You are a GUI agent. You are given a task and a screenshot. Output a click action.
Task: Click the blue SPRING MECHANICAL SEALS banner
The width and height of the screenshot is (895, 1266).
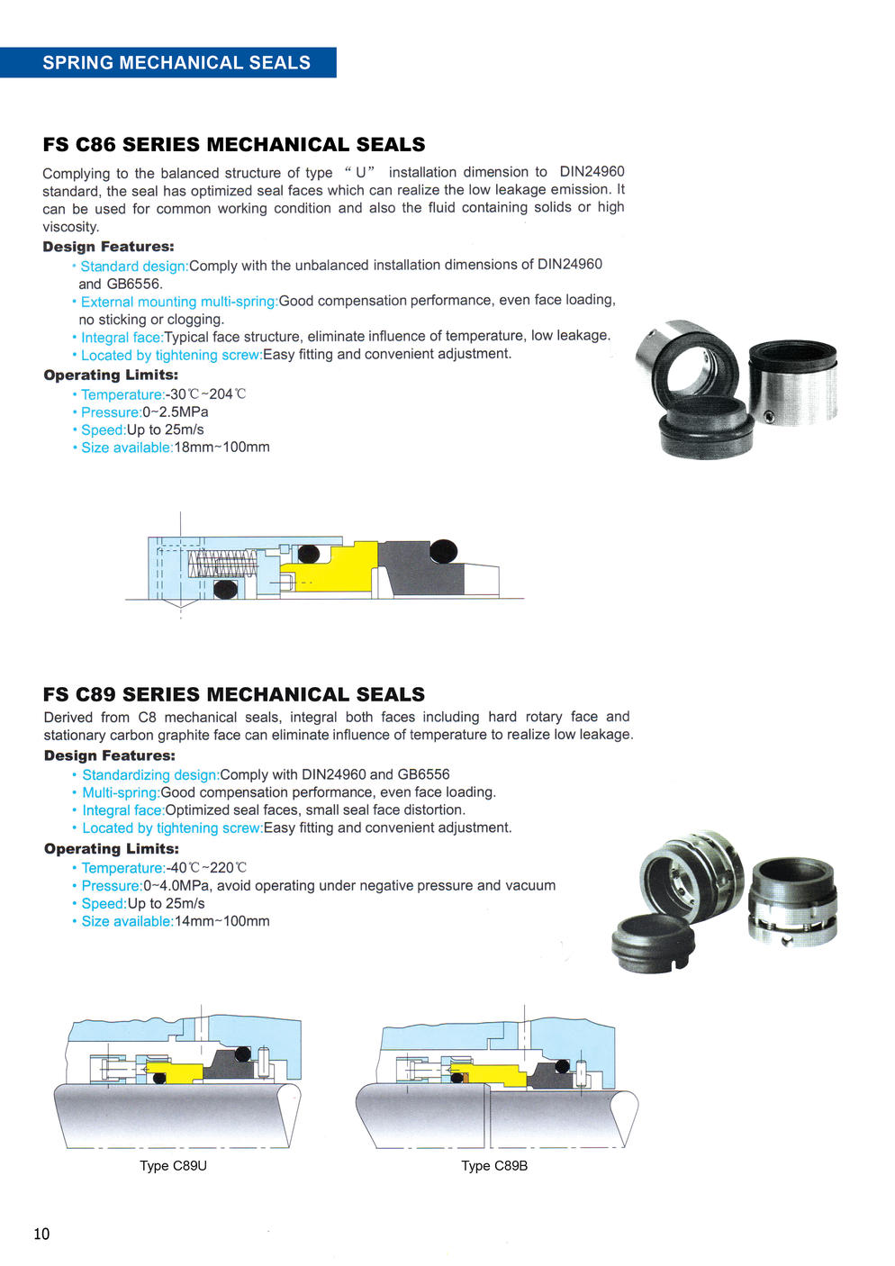coord(176,62)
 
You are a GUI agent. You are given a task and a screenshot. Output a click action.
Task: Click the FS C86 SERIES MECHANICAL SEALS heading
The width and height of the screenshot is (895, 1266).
coord(233,144)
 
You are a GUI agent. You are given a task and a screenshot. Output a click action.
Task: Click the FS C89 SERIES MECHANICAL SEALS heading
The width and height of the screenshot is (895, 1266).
coord(233,694)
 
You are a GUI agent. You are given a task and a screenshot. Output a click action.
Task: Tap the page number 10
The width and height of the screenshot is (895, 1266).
coord(41,1234)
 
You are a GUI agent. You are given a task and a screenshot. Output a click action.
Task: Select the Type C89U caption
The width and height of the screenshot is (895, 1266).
coord(173,1165)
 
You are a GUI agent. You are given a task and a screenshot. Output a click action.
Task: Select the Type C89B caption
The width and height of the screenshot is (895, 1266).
coord(494,1165)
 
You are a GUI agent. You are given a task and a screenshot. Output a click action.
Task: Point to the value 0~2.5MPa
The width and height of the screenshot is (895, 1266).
coord(176,411)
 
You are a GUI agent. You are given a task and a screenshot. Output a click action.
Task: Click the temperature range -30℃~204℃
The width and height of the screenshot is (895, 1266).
coord(206,393)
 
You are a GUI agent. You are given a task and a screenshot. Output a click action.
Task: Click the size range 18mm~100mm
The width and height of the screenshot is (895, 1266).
coord(221,447)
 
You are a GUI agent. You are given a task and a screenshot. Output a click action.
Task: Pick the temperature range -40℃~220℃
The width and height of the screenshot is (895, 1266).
coord(206,867)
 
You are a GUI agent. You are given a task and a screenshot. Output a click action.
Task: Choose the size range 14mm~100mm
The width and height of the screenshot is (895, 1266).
coord(221,921)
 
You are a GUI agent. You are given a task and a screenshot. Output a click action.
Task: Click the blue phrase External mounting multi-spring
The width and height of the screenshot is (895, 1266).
coord(178,301)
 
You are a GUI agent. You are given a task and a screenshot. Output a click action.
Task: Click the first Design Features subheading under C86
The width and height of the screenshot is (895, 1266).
coord(108,247)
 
